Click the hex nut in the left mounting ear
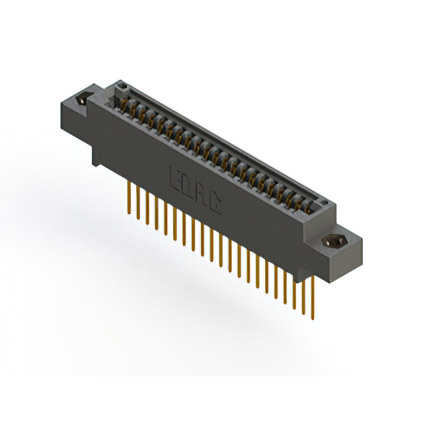(83, 102)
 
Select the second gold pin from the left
(135, 204)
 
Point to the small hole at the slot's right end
(323, 202)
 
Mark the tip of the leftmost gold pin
(126, 213)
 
